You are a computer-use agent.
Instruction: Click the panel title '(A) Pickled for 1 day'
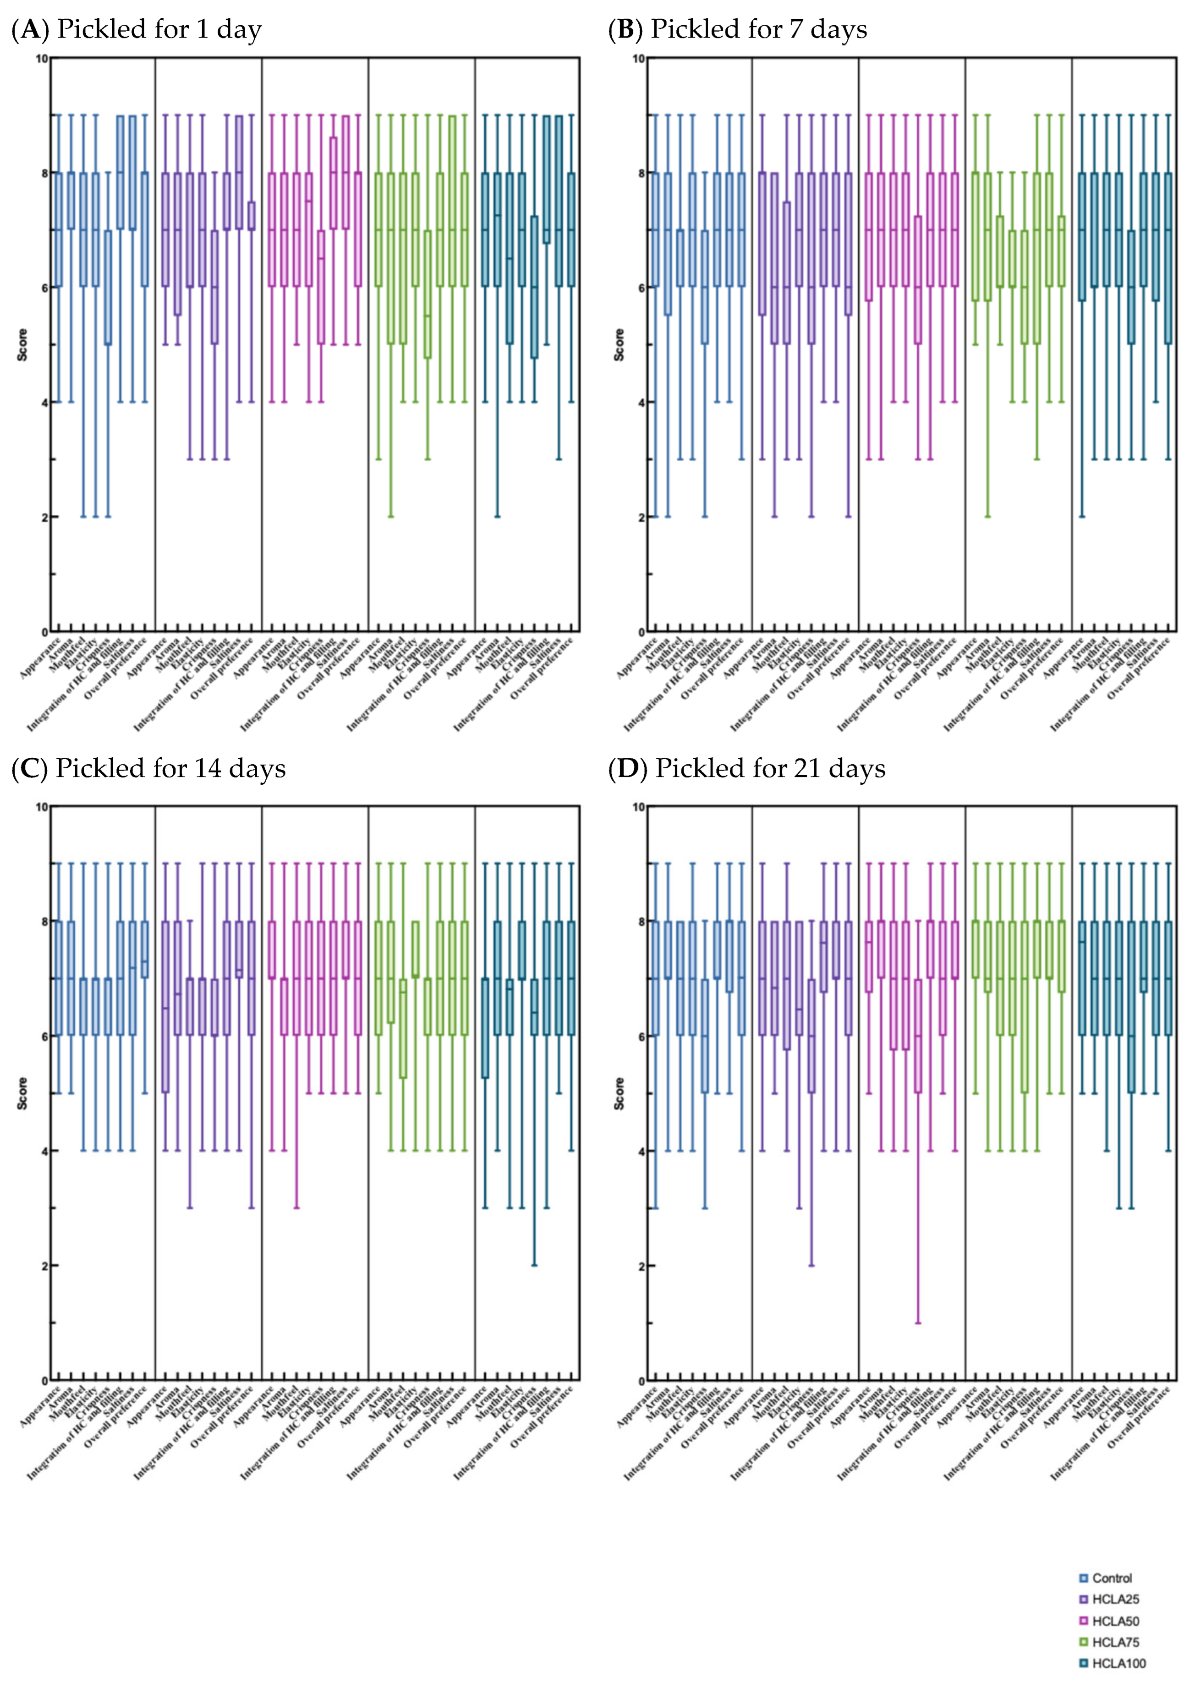click(137, 30)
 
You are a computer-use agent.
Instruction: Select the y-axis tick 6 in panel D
click(641, 1036)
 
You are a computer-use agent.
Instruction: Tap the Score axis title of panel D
click(620, 1093)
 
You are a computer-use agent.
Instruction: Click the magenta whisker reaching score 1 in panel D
click(918, 1258)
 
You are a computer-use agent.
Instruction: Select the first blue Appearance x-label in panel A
click(41, 658)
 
